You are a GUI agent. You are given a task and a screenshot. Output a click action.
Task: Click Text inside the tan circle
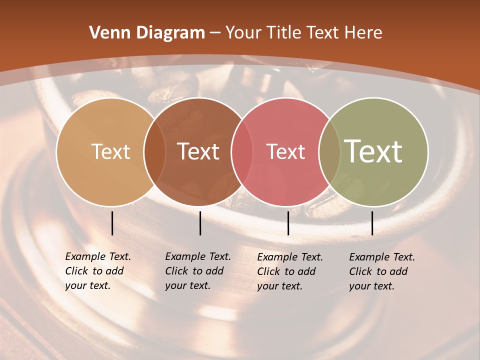pos(110,151)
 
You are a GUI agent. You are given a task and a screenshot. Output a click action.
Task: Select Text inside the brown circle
pos(198,151)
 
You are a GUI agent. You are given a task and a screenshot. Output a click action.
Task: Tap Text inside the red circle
pos(285,151)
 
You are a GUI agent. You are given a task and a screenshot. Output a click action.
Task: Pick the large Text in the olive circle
pos(373,151)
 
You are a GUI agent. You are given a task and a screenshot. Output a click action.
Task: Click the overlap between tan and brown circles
pos(154,151)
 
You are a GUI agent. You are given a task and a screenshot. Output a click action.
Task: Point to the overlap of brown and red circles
pos(242,151)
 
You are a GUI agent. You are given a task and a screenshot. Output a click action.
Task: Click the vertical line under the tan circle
pos(112,223)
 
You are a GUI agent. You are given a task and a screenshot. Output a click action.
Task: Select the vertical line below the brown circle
pos(200,223)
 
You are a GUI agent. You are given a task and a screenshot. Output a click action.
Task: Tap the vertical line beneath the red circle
pos(288,223)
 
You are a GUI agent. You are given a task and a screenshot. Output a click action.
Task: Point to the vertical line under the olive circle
pos(372,223)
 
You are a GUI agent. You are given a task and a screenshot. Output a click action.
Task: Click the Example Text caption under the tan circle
pos(97,271)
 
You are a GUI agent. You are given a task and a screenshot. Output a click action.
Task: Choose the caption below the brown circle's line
pos(197,271)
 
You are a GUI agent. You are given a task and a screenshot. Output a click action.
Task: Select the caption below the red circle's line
pos(289,271)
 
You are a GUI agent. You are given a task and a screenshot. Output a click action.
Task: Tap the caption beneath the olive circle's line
pos(381,271)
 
